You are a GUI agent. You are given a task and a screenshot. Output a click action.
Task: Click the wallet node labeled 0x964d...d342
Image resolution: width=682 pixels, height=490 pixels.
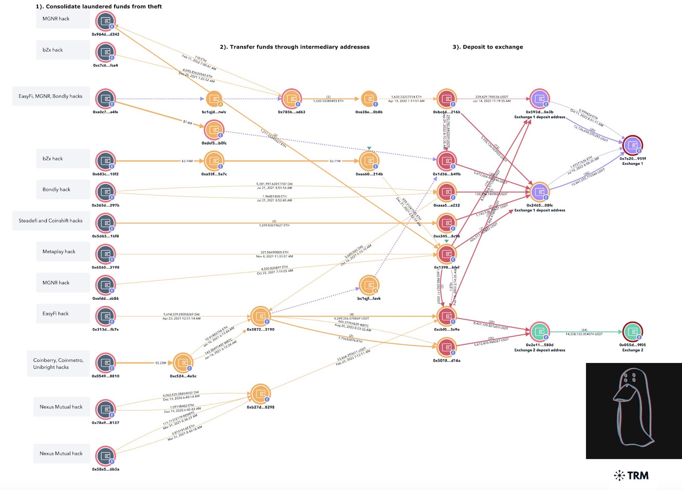point(105,21)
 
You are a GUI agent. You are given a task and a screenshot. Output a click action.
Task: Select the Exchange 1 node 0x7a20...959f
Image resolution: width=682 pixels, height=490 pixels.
point(633,146)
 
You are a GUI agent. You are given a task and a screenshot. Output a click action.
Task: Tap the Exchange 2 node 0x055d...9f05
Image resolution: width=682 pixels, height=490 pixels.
point(633,332)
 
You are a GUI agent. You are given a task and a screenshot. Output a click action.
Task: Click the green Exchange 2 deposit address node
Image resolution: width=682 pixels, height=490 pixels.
point(540,332)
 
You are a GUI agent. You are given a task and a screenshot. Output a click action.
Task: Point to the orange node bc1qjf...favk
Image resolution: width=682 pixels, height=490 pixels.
point(369,285)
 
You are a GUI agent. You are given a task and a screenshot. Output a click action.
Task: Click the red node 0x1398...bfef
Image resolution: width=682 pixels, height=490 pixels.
point(446,254)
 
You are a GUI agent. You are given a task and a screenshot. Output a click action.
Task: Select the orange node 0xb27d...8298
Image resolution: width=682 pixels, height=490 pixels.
point(260,394)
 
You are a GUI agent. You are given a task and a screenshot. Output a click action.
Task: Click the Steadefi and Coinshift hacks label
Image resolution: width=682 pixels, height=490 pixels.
point(51,221)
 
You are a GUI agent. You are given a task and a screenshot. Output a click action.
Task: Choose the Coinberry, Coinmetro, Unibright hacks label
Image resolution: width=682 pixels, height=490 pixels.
point(58,364)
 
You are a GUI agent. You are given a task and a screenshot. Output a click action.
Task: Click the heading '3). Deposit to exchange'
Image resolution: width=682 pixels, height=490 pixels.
point(488,47)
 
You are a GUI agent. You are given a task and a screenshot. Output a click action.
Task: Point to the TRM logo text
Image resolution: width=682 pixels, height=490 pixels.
point(638,475)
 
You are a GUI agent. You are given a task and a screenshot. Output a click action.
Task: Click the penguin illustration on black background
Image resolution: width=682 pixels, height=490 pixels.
point(633,411)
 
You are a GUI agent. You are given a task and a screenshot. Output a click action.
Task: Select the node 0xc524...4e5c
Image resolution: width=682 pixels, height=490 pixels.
point(183,363)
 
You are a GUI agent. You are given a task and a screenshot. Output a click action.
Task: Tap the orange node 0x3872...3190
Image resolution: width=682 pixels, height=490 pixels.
point(260,316)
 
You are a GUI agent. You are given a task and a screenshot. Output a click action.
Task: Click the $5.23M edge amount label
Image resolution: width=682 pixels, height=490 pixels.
point(161,363)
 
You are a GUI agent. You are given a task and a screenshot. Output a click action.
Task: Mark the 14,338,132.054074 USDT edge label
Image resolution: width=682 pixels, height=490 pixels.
point(584,334)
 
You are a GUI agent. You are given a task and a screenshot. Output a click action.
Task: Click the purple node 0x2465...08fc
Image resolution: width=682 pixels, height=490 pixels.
point(540,192)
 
